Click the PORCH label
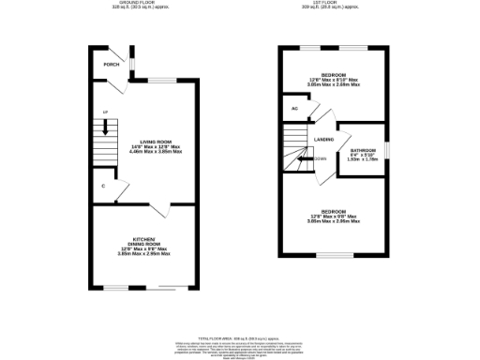[x=112, y=65]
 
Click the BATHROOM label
[x=363, y=150]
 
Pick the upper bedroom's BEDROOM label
[x=333, y=74]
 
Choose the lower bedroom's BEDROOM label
[x=333, y=211]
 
